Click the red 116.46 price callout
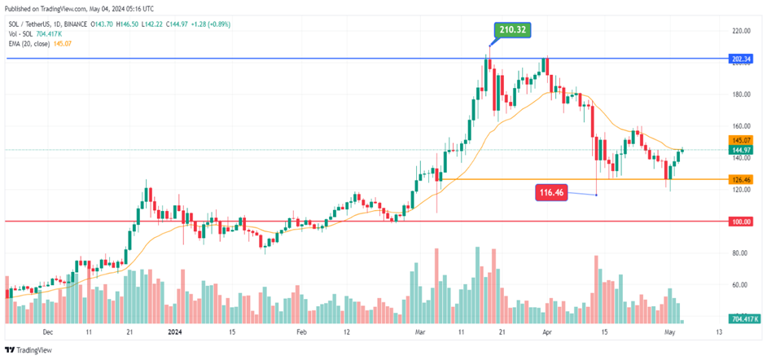550,192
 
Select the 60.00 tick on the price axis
739,285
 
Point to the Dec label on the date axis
47,332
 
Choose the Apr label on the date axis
547,332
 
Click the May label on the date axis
669,332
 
